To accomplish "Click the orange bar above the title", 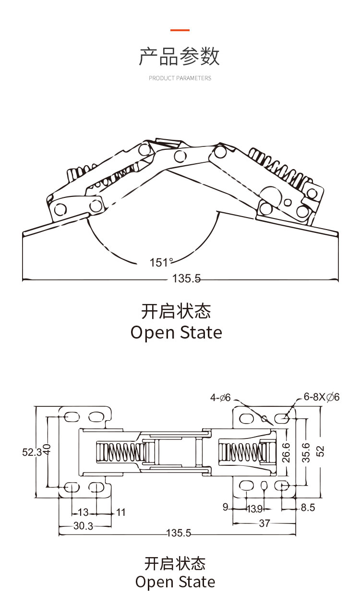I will [180, 30].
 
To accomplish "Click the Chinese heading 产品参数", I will [180, 57].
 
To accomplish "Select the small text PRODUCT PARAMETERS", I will [180, 78].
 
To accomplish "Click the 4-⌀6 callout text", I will [221, 398].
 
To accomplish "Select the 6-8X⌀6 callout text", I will [322, 397].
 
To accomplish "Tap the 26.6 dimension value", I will [287, 452].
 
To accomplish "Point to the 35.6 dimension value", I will [306, 452].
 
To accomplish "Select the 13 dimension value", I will [84, 512].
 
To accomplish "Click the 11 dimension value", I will [120, 512].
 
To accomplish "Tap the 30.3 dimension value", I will [83, 526].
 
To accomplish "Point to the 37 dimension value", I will [264, 523].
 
